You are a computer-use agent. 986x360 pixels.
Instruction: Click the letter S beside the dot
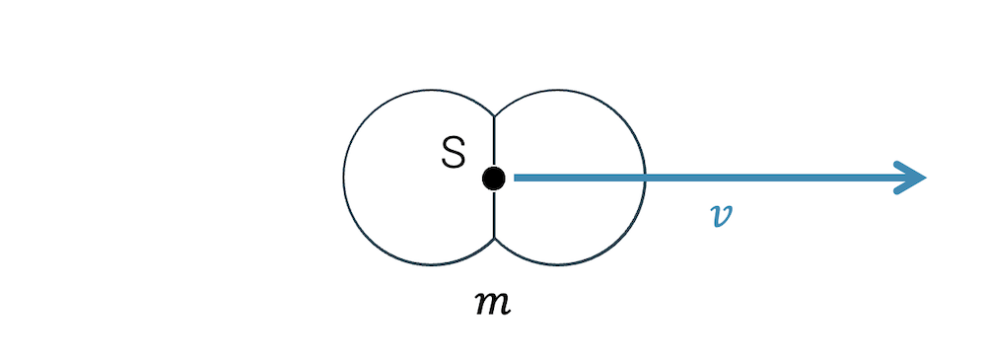click(x=453, y=153)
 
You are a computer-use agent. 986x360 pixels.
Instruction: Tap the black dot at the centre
click(x=494, y=179)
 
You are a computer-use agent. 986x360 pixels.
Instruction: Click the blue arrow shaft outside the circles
click(x=769, y=179)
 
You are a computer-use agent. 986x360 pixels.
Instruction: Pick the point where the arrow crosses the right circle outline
click(x=645, y=179)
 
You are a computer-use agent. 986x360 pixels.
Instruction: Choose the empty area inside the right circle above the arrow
click(x=567, y=133)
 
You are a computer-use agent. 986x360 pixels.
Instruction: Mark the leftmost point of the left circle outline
click(x=344, y=178)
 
